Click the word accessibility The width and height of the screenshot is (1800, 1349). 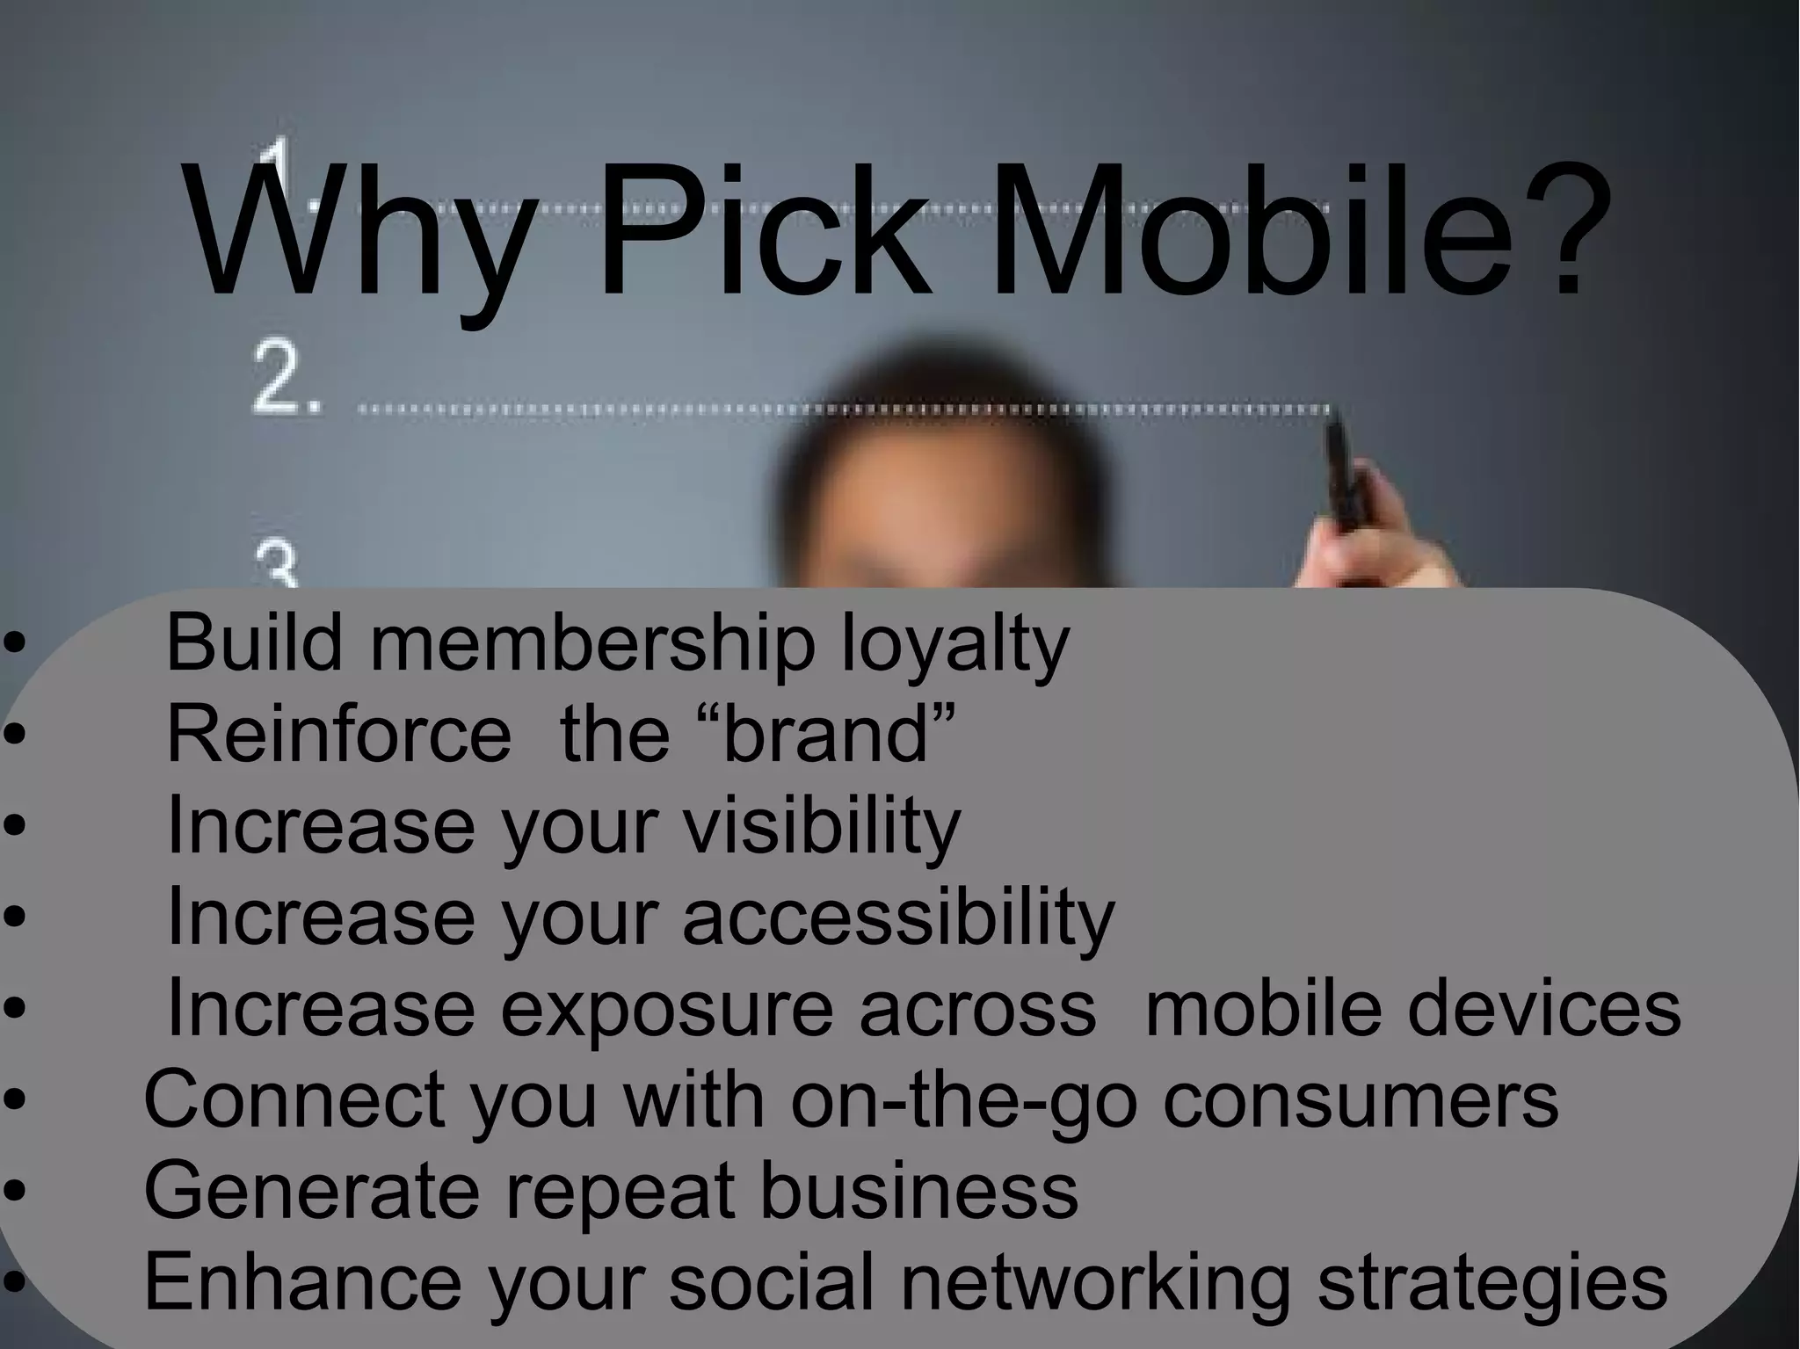pos(897,917)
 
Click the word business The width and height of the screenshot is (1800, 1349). pos(918,1191)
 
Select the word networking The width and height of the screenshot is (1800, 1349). pos(1095,1283)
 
